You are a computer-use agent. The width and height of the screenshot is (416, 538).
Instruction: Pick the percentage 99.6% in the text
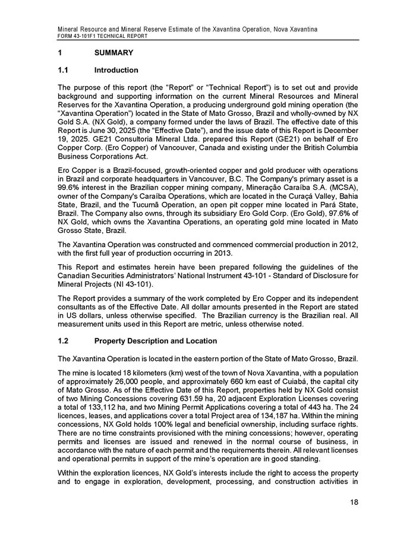point(68,186)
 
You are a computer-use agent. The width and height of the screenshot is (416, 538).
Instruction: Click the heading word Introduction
point(116,70)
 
